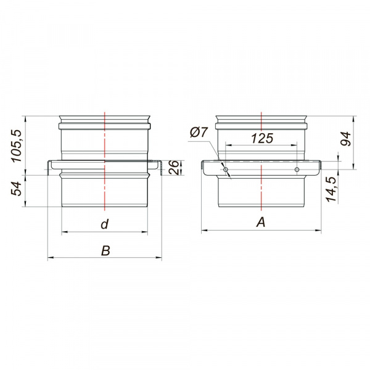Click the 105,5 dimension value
[x=17, y=146]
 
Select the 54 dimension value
[x=16, y=189]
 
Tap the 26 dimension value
[x=174, y=168]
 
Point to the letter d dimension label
[x=105, y=224]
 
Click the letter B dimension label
[x=105, y=250]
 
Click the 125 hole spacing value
[x=262, y=138]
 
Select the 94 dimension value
[x=346, y=139]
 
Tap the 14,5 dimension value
[x=331, y=189]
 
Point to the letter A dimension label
[x=261, y=222]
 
